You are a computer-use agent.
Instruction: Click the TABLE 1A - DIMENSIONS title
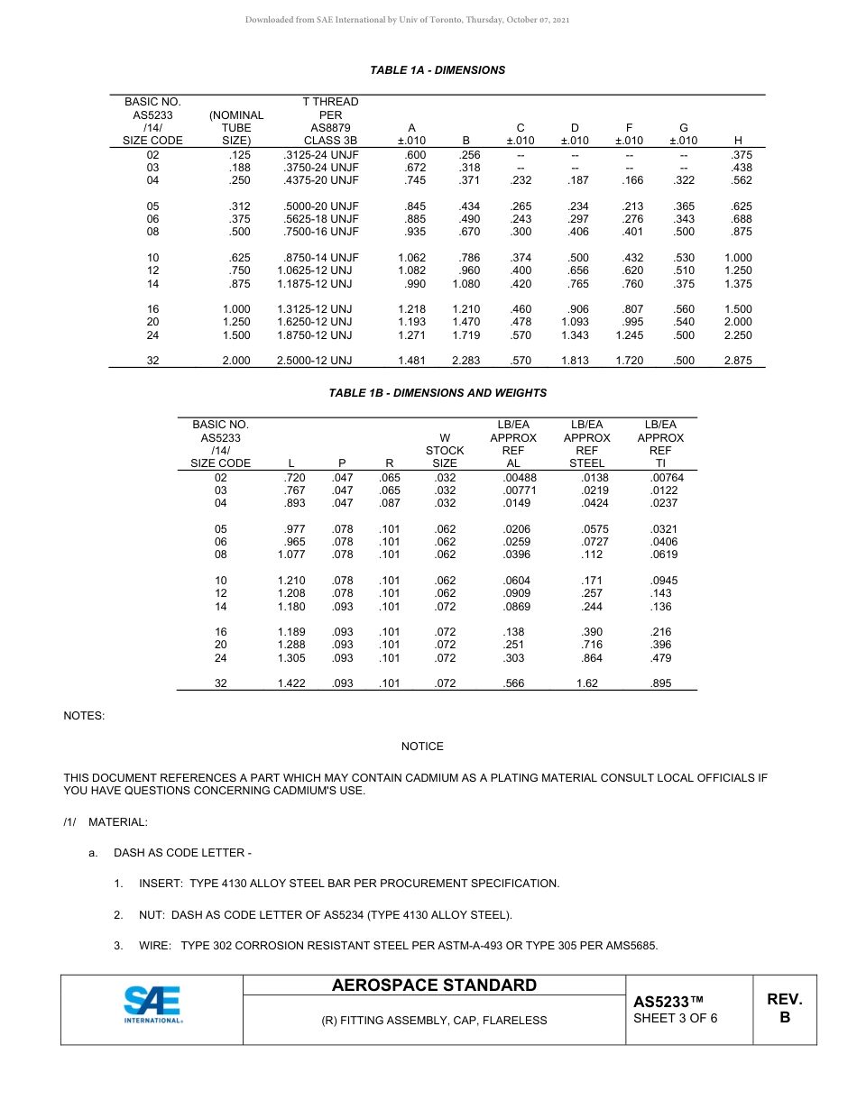click(x=438, y=70)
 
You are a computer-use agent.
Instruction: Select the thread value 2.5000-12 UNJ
click(x=314, y=361)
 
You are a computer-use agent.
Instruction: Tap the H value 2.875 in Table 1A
click(x=737, y=361)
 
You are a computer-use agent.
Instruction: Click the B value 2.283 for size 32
click(x=465, y=361)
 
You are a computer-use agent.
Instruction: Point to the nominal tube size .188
click(x=239, y=168)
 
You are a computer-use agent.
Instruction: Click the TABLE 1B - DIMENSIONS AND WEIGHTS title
click(x=438, y=393)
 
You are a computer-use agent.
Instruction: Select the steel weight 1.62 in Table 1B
click(x=586, y=684)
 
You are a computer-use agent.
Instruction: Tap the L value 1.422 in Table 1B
click(x=291, y=684)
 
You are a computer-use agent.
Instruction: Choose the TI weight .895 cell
click(x=660, y=684)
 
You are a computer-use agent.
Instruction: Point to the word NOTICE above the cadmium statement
click(x=422, y=747)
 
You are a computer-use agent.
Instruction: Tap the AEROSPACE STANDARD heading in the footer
click(x=434, y=985)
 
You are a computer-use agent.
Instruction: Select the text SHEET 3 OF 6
click(x=676, y=1019)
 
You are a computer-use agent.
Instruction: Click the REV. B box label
click(x=784, y=1008)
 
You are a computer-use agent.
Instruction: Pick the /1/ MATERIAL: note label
click(x=106, y=822)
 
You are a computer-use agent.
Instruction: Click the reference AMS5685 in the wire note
click(x=628, y=946)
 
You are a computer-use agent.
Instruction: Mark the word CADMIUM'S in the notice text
click(x=309, y=791)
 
